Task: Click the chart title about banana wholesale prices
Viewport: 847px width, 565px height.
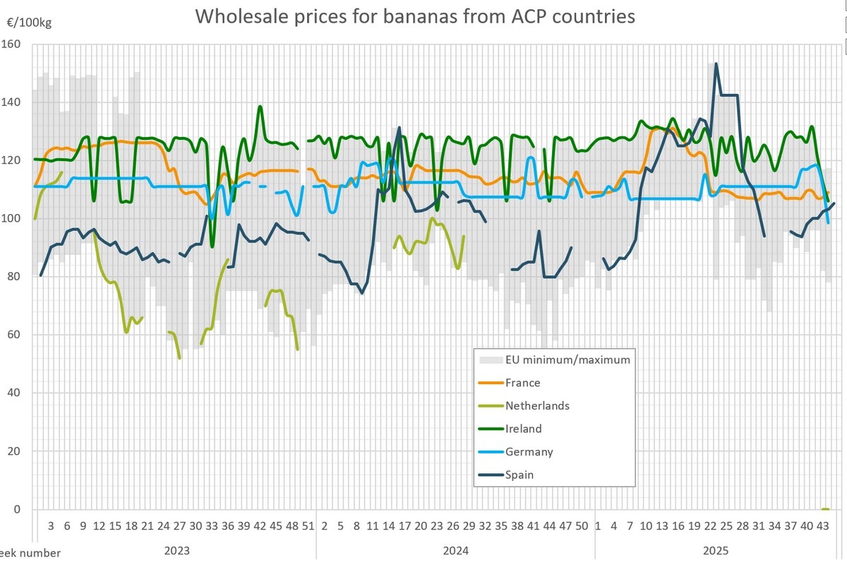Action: click(415, 16)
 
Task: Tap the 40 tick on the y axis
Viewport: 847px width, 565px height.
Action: click(16, 393)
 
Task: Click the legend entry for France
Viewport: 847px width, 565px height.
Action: click(522, 383)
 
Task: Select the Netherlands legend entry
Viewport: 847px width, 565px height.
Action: click(536, 405)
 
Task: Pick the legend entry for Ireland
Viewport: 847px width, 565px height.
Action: click(523, 429)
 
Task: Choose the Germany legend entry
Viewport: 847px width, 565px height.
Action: click(529, 452)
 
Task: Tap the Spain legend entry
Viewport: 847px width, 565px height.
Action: click(519, 475)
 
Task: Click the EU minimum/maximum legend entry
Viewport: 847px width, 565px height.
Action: click(567, 359)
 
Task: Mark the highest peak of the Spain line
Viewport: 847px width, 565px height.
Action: click(716, 64)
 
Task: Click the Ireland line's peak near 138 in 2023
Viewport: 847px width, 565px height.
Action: click(260, 107)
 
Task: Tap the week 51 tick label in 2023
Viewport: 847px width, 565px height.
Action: click(308, 526)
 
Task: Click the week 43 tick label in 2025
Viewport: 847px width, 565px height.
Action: click(822, 526)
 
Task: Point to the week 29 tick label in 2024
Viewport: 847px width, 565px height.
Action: click(469, 526)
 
